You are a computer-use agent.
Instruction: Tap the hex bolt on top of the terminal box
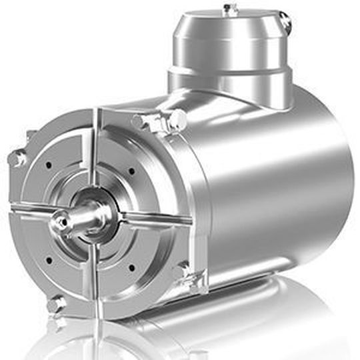[x=231, y=9]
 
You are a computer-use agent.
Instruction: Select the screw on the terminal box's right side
[x=286, y=22]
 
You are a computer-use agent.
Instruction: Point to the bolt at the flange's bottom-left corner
[x=56, y=304]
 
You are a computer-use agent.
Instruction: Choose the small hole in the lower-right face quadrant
[x=131, y=267]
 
